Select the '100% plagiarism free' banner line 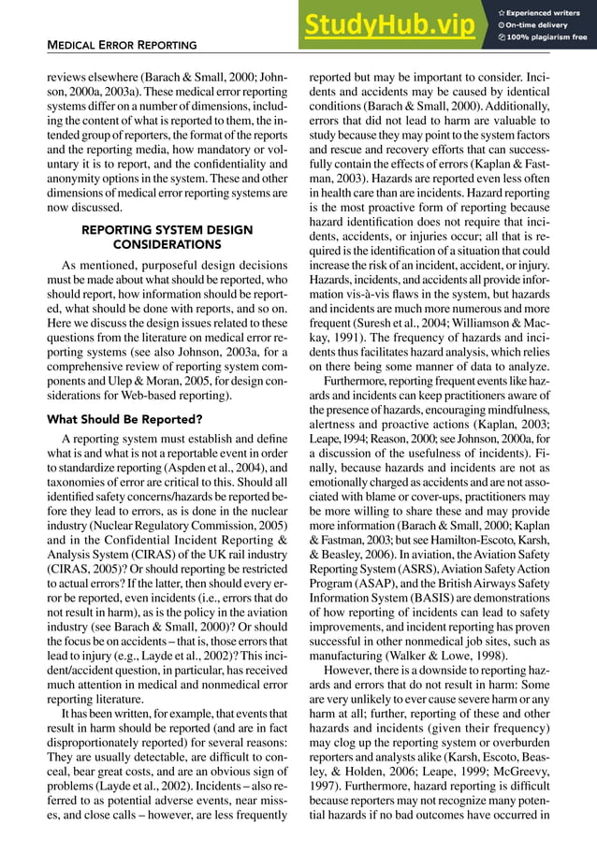546,37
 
